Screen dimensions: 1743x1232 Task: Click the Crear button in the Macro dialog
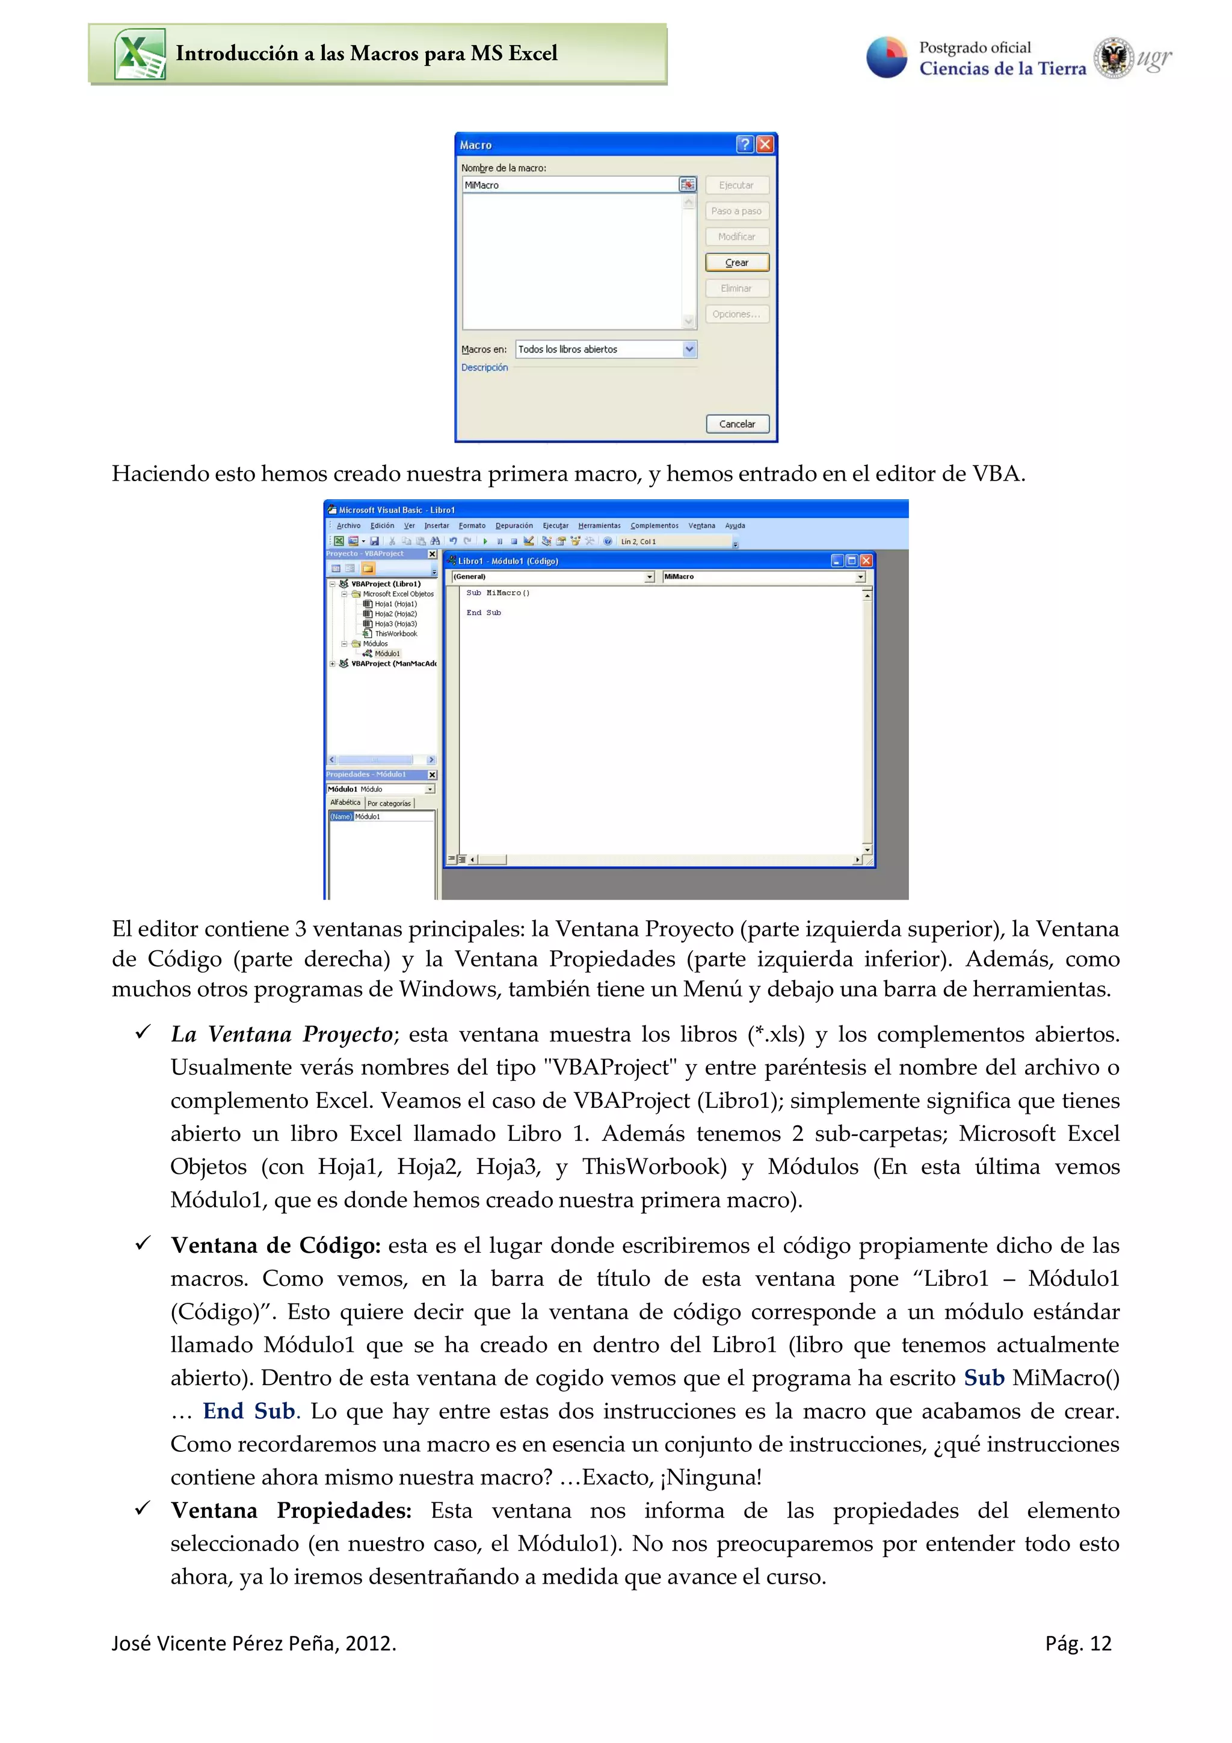click(x=736, y=263)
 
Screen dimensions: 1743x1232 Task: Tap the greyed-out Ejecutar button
click(x=736, y=185)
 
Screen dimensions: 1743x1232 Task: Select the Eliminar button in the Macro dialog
click(x=736, y=289)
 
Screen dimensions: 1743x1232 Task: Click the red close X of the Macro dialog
click(x=765, y=144)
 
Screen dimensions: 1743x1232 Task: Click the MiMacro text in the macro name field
click(x=482, y=185)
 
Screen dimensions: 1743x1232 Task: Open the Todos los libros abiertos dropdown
click(x=689, y=349)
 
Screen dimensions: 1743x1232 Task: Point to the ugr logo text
click(x=1154, y=58)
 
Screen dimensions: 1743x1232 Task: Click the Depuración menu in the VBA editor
click(x=514, y=525)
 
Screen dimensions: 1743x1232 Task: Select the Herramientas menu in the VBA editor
click(x=599, y=525)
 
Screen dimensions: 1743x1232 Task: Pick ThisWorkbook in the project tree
click(x=395, y=634)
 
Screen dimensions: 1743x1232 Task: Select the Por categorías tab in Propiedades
click(x=389, y=803)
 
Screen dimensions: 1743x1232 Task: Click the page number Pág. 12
click(x=1077, y=1644)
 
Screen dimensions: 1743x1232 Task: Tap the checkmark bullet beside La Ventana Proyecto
click(x=143, y=1033)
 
